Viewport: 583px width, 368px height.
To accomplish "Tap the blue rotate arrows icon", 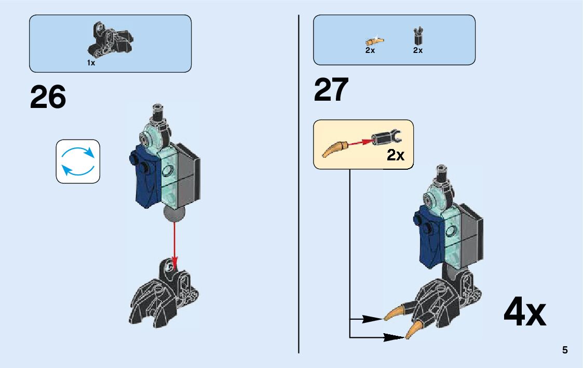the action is pos(78,161).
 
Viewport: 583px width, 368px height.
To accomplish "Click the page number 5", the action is pos(565,350).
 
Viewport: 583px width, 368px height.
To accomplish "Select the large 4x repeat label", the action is pos(524,312).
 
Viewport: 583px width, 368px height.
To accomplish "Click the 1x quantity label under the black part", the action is pos(91,63).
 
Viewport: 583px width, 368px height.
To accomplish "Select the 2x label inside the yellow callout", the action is pos(396,155).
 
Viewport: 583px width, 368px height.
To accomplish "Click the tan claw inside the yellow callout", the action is pos(334,148).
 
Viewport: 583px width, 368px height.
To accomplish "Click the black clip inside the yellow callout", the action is pos(386,138).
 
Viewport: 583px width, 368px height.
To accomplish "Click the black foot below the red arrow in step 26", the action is pos(164,296).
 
